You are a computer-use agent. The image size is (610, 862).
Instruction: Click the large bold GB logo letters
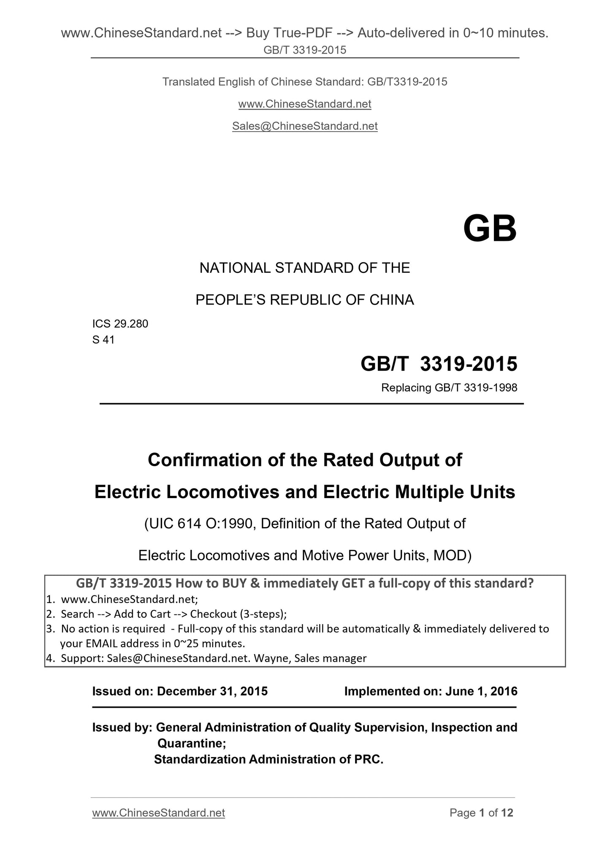489,229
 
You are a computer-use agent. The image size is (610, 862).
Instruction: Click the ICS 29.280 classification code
120,324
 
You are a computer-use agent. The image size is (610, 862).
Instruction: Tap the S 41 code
103,339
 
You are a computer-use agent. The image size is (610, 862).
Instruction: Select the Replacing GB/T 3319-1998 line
449,388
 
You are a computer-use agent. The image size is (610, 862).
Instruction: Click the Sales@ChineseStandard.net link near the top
305,126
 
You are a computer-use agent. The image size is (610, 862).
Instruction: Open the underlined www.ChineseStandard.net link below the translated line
305,104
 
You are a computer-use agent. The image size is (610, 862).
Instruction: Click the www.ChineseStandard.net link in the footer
158,813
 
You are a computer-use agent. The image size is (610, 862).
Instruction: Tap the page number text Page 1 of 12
481,813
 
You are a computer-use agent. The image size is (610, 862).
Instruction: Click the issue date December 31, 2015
212,691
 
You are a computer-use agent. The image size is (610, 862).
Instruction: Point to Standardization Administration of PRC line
268,759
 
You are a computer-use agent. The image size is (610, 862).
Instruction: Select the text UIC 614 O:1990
200,524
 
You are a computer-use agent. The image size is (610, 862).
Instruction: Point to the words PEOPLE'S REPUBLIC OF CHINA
304,300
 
